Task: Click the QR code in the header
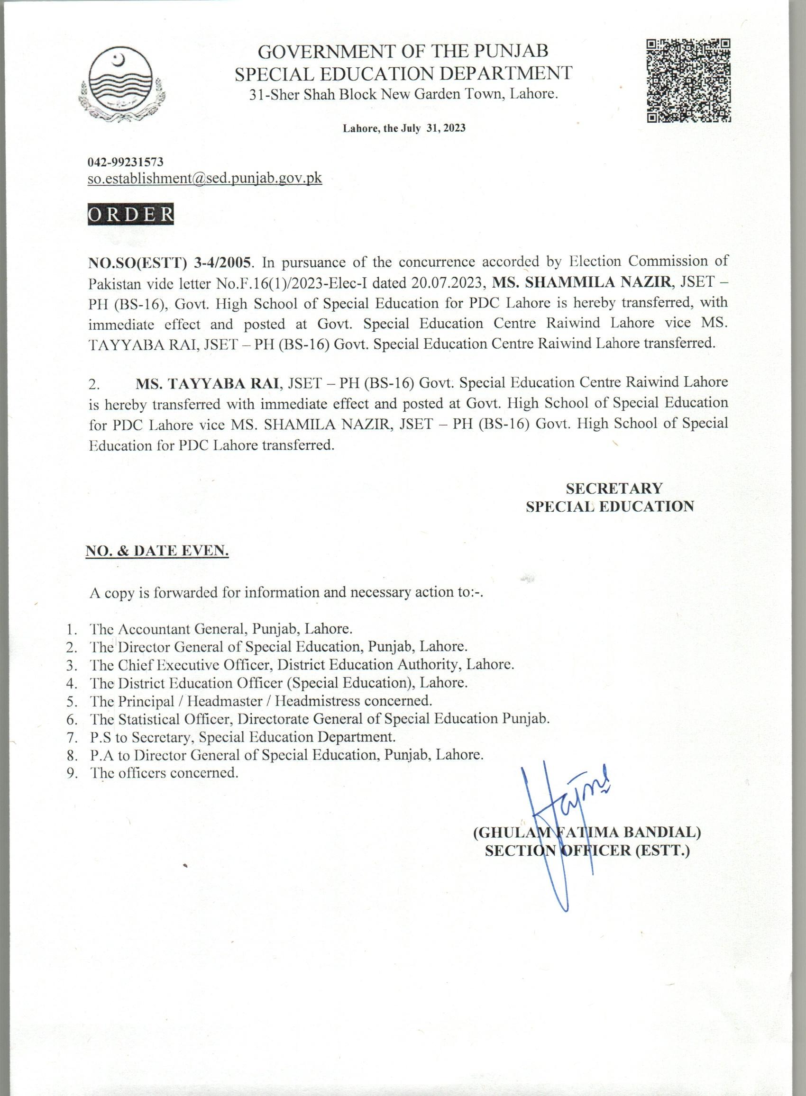tap(688, 80)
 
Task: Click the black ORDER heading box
tap(131, 215)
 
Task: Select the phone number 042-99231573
tap(125, 162)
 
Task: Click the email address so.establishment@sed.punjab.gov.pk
tap(205, 178)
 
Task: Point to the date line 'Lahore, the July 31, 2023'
tap(403, 128)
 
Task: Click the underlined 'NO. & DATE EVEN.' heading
tap(157, 551)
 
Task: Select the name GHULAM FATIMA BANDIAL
tap(587, 832)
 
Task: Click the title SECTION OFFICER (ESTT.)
tap(587, 851)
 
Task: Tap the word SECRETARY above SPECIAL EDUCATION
tap(614, 488)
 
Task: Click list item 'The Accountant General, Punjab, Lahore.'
tap(220, 628)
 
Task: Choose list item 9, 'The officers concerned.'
tap(165, 773)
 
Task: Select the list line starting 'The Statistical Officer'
tap(320, 719)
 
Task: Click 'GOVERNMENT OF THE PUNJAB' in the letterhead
tap(403, 51)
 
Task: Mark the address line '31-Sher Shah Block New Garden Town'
tap(403, 94)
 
